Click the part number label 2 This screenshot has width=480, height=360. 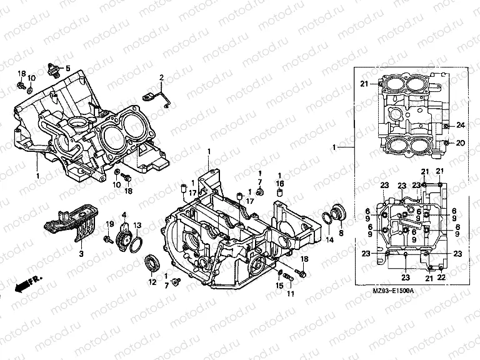[161, 77]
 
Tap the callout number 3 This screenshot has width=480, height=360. [81, 254]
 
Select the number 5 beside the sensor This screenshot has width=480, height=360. [68, 68]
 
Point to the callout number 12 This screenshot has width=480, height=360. [151, 282]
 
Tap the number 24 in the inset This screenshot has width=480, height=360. [460, 125]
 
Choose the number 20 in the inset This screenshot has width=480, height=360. [460, 143]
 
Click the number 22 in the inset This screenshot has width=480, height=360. [441, 277]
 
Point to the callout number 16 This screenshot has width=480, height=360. [280, 182]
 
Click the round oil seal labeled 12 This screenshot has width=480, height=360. [151, 262]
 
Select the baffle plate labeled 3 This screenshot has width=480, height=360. [70, 225]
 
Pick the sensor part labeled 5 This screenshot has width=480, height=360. [52, 68]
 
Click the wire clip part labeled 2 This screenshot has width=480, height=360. [156, 97]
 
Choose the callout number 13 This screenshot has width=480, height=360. [137, 225]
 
